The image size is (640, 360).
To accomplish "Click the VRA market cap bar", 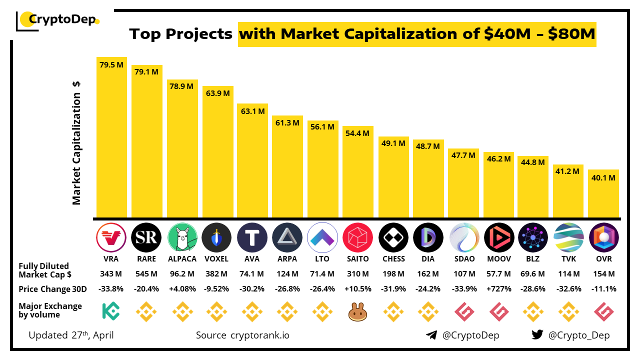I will [x=111, y=140].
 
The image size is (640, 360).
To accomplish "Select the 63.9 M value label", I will [x=217, y=93].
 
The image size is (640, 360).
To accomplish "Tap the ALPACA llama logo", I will [x=181, y=237].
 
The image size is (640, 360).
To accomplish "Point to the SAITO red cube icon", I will [x=357, y=237].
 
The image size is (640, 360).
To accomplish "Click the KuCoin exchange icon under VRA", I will [x=111, y=310].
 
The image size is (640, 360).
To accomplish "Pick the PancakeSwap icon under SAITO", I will [x=357, y=311].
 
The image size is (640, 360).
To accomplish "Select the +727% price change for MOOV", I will [x=498, y=289].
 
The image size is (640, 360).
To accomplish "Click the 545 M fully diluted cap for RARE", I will [x=146, y=274].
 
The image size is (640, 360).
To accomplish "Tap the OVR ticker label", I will [x=603, y=259].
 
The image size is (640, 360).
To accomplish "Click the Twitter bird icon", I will [x=537, y=335].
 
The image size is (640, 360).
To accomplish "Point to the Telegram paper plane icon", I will [x=431, y=335].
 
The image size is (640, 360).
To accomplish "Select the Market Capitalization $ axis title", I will [x=76, y=142].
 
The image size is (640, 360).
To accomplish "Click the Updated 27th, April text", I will [x=71, y=335].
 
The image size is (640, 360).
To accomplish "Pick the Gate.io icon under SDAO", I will [x=463, y=311].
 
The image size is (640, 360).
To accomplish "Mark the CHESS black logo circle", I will [x=393, y=237].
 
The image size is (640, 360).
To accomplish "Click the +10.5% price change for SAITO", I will [x=357, y=289].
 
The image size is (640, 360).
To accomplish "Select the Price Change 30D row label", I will [x=52, y=289].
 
